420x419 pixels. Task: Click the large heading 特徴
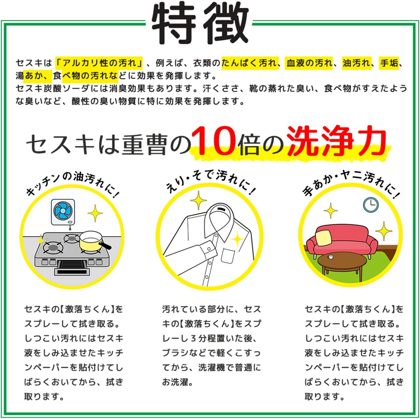[x=200, y=24]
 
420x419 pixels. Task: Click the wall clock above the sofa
[x=370, y=205]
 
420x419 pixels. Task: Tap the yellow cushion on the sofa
[x=323, y=238]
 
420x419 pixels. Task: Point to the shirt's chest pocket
[x=228, y=256]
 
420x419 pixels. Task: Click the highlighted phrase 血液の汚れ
[x=309, y=63]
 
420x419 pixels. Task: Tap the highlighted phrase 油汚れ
[x=356, y=63]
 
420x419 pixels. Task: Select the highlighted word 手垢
[x=389, y=63]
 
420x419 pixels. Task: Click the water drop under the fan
[x=70, y=228]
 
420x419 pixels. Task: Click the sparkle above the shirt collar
[x=198, y=200]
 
